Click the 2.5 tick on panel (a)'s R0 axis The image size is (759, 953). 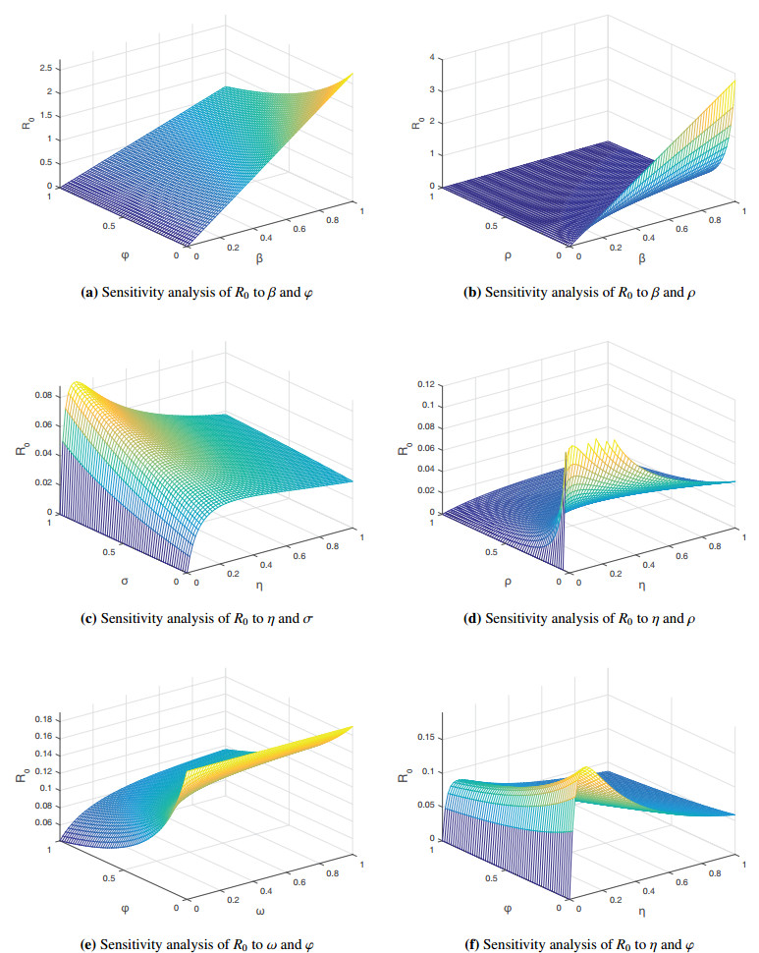[43, 68]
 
